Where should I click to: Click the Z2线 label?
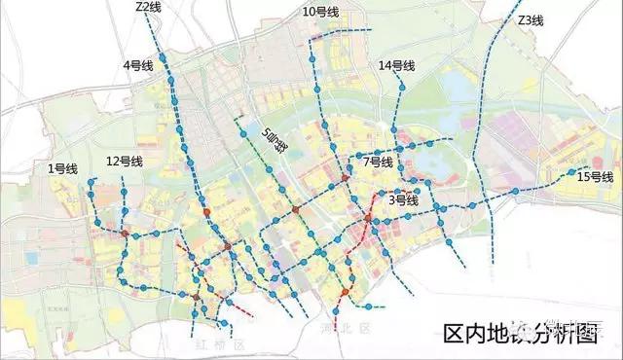(149, 8)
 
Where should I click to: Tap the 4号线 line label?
(137, 65)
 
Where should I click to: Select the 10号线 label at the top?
(320, 13)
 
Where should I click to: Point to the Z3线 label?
(531, 20)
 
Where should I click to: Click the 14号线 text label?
(396, 65)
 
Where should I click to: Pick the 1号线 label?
(62, 168)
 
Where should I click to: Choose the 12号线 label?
(125, 161)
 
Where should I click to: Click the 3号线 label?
(403, 200)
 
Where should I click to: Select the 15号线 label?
(595, 177)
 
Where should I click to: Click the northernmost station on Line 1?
(90, 182)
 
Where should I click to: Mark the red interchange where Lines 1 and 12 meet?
(125, 233)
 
